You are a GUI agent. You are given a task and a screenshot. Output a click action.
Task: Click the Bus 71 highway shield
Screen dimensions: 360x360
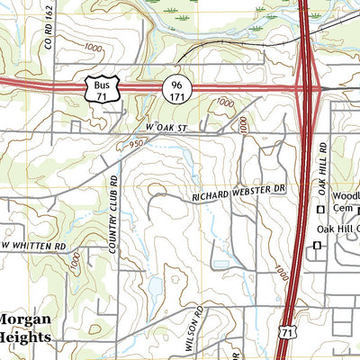102,88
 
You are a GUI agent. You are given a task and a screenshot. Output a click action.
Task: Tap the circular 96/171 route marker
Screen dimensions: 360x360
175,88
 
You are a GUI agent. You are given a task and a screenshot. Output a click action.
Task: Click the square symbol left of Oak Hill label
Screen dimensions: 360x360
317,245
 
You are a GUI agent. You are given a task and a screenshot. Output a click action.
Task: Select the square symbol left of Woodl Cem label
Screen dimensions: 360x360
319,210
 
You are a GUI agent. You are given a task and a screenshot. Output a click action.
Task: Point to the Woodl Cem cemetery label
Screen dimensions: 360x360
344,202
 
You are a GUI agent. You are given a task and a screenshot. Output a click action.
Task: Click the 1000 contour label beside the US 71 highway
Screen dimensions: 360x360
282,272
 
